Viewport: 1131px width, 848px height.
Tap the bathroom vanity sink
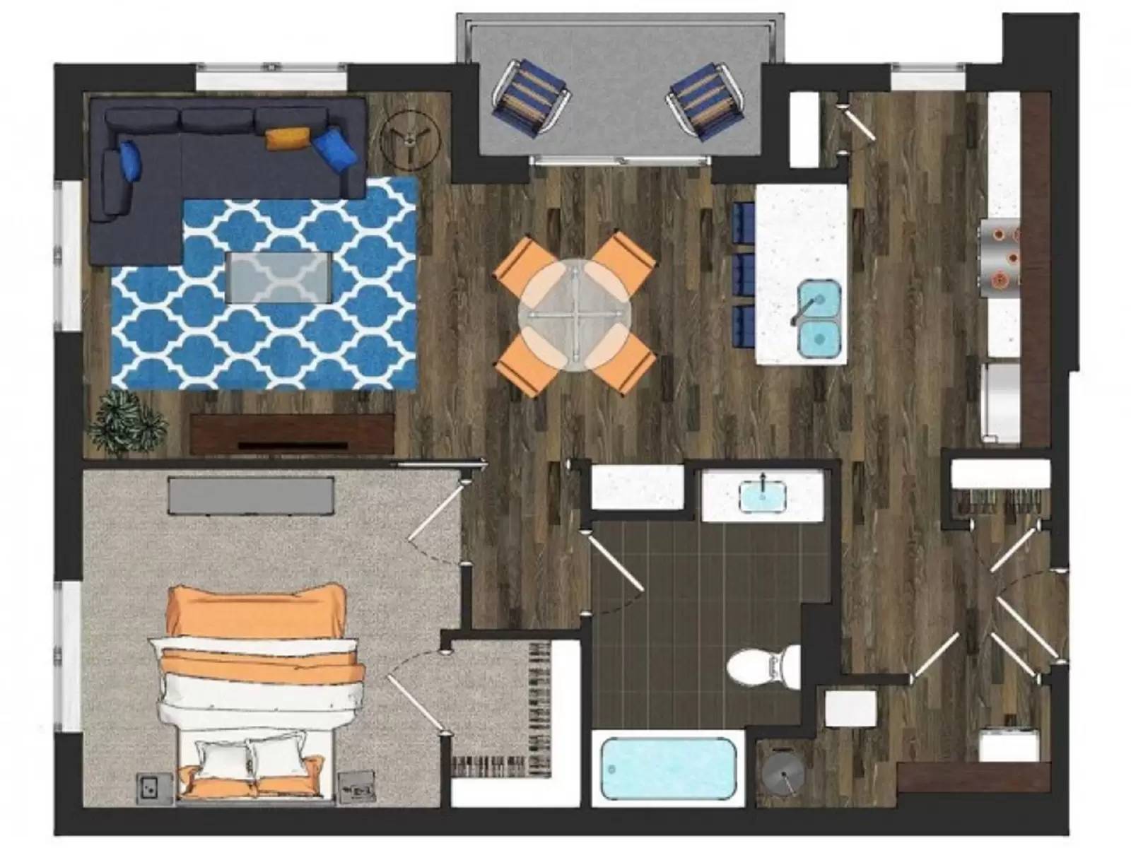(x=763, y=495)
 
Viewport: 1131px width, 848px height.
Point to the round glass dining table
(x=575, y=314)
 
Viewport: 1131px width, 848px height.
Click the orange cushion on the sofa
(x=288, y=138)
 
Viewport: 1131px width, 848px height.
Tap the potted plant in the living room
(x=127, y=421)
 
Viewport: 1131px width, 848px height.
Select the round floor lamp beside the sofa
(x=409, y=139)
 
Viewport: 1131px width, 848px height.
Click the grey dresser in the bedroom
(x=251, y=495)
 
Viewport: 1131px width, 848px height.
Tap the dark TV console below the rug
(x=292, y=435)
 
